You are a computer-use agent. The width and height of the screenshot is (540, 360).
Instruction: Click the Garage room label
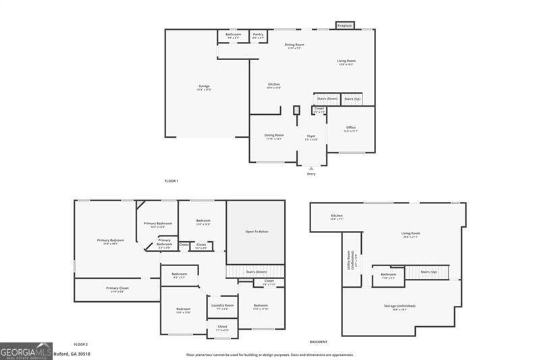(x=204, y=86)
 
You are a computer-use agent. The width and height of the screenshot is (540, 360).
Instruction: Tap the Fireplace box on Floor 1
(x=344, y=26)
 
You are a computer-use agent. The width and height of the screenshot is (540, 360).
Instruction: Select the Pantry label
(x=258, y=34)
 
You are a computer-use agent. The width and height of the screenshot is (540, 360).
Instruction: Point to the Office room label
(x=351, y=128)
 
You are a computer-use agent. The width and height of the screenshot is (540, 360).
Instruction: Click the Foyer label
(x=311, y=136)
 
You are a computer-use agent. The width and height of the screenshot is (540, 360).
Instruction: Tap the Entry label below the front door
(x=311, y=174)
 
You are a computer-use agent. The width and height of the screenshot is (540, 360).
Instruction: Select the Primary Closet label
(x=117, y=288)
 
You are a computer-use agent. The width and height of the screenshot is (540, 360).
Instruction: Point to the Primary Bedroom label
(x=110, y=240)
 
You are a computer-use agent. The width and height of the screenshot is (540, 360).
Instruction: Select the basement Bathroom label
(x=388, y=274)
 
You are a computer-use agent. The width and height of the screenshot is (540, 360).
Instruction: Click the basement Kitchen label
(x=337, y=216)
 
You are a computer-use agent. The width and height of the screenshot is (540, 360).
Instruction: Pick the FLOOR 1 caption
(x=172, y=182)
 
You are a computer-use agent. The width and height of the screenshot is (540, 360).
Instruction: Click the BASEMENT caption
(x=319, y=342)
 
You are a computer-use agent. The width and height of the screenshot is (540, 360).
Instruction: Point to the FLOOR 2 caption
(x=81, y=344)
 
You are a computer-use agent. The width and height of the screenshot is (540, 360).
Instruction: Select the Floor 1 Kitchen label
(x=273, y=84)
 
